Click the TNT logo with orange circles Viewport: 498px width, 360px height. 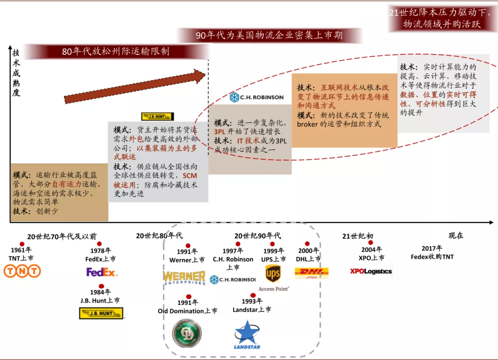pyautogui.click(x=22, y=271)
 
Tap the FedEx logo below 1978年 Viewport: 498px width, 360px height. pyautogui.click(x=102, y=272)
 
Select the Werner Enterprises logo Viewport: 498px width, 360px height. pyautogui.click(x=184, y=277)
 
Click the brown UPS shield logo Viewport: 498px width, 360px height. pyautogui.click(x=273, y=274)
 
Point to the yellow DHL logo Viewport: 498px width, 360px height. pyautogui.click(x=311, y=273)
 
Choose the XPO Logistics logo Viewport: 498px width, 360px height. pyautogui.click(x=371, y=271)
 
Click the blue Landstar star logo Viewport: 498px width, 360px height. pyautogui.click(x=247, y=335)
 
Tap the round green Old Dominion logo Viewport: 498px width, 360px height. pyautogui.click(x=187, y=333)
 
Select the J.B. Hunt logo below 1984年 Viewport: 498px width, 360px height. pyautogui.click(x=101, y=314)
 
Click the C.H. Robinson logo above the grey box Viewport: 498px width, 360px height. pyautogui.click(x=256, y=97)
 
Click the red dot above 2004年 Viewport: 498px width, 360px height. pyautogui.click(x=371, y=242)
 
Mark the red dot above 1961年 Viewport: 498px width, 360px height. pyautogui.click(x=22, y=244)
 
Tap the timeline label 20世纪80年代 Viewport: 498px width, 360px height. pyautogui.click(x=159, y=236)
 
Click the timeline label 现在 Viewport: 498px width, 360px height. pyautogui.click(x=456, y=235)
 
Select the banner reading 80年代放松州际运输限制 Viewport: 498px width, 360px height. pyautogui.click(x=116, y=51)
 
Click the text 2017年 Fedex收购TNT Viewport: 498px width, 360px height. pyautogui.click(x=432, y=252)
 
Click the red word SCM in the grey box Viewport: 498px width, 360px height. pyautogui.click(x=190, y=176)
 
